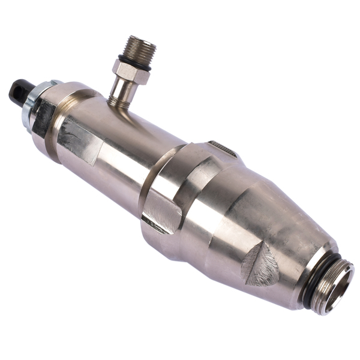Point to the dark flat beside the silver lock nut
click(x=44, y=117)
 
